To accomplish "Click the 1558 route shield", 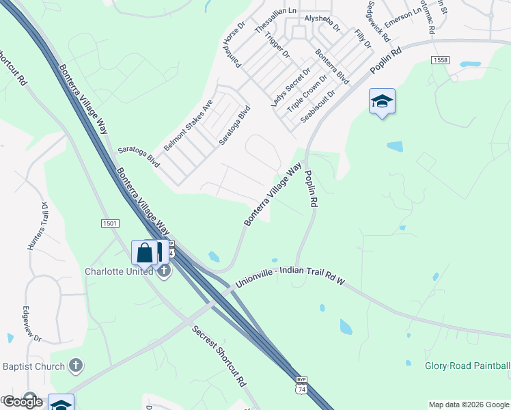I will (440, 61).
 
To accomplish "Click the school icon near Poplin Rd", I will (382, 102).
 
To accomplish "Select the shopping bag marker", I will (145, 252).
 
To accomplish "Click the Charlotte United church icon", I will (164, 272).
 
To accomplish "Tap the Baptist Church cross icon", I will (76, 366).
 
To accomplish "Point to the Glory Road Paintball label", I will (467, 366).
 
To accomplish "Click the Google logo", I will (23, 401).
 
